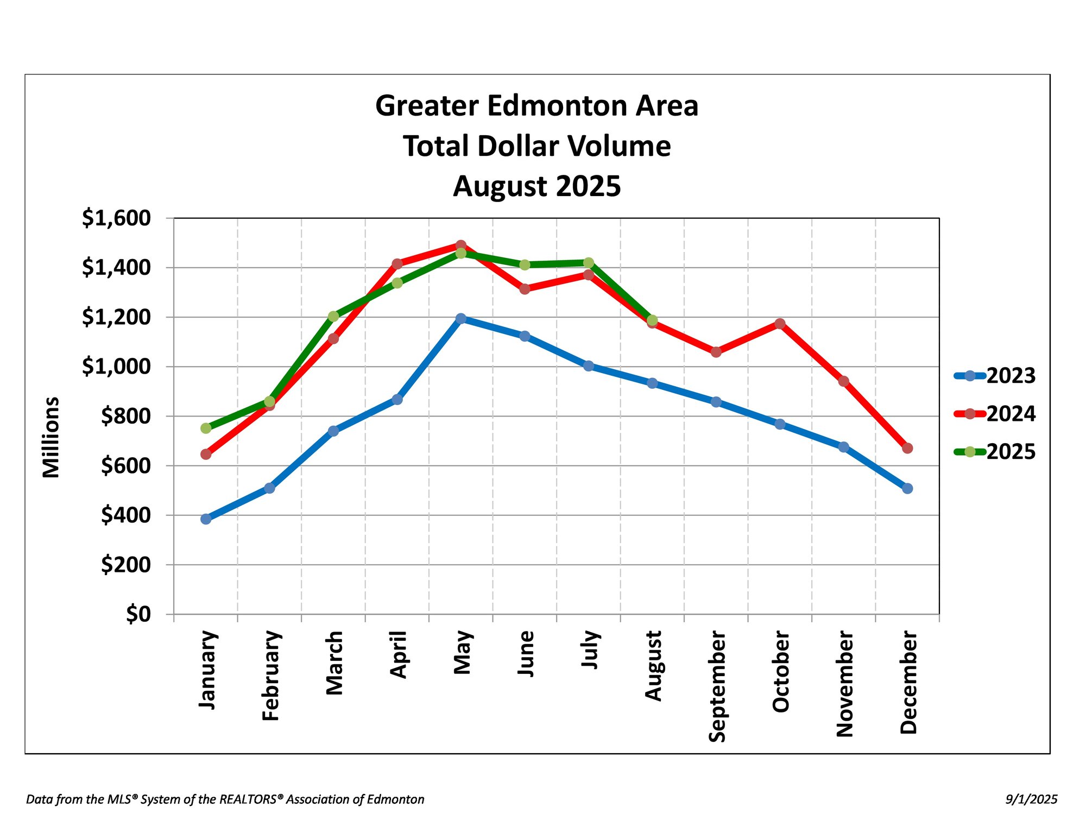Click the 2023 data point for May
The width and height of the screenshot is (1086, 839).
(x=460, y=318)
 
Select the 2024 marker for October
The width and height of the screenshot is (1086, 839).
(x=780, y=324)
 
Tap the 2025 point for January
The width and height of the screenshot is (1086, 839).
(x=206, y=428)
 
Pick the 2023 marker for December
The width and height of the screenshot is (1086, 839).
(x=907, y=488)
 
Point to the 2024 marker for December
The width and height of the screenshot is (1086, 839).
(x=907, y=448)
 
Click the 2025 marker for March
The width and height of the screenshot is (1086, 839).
(x=333, y=316)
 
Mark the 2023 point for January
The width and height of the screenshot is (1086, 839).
(x=206, y=519)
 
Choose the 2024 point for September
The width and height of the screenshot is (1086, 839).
(x=716, y=352)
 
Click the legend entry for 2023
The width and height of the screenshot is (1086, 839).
(x=995, y=376)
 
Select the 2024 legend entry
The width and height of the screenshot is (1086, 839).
(x=995, y=414)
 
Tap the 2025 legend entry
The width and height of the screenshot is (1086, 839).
(x=995, y=452)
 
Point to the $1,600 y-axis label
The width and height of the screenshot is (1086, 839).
(x=116, y=218)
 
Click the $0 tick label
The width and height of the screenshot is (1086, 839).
(x=138, y=614)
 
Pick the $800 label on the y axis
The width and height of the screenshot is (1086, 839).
(x=126, y=417)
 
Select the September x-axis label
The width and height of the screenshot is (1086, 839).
(x=717, y=686)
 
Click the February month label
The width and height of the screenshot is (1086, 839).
(x=270, y=676)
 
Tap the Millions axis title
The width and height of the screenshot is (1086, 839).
(x=51, y=437)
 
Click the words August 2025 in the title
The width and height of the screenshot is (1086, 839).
(x=536, y=186)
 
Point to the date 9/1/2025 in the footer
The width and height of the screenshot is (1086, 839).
(x=1031, y=799)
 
